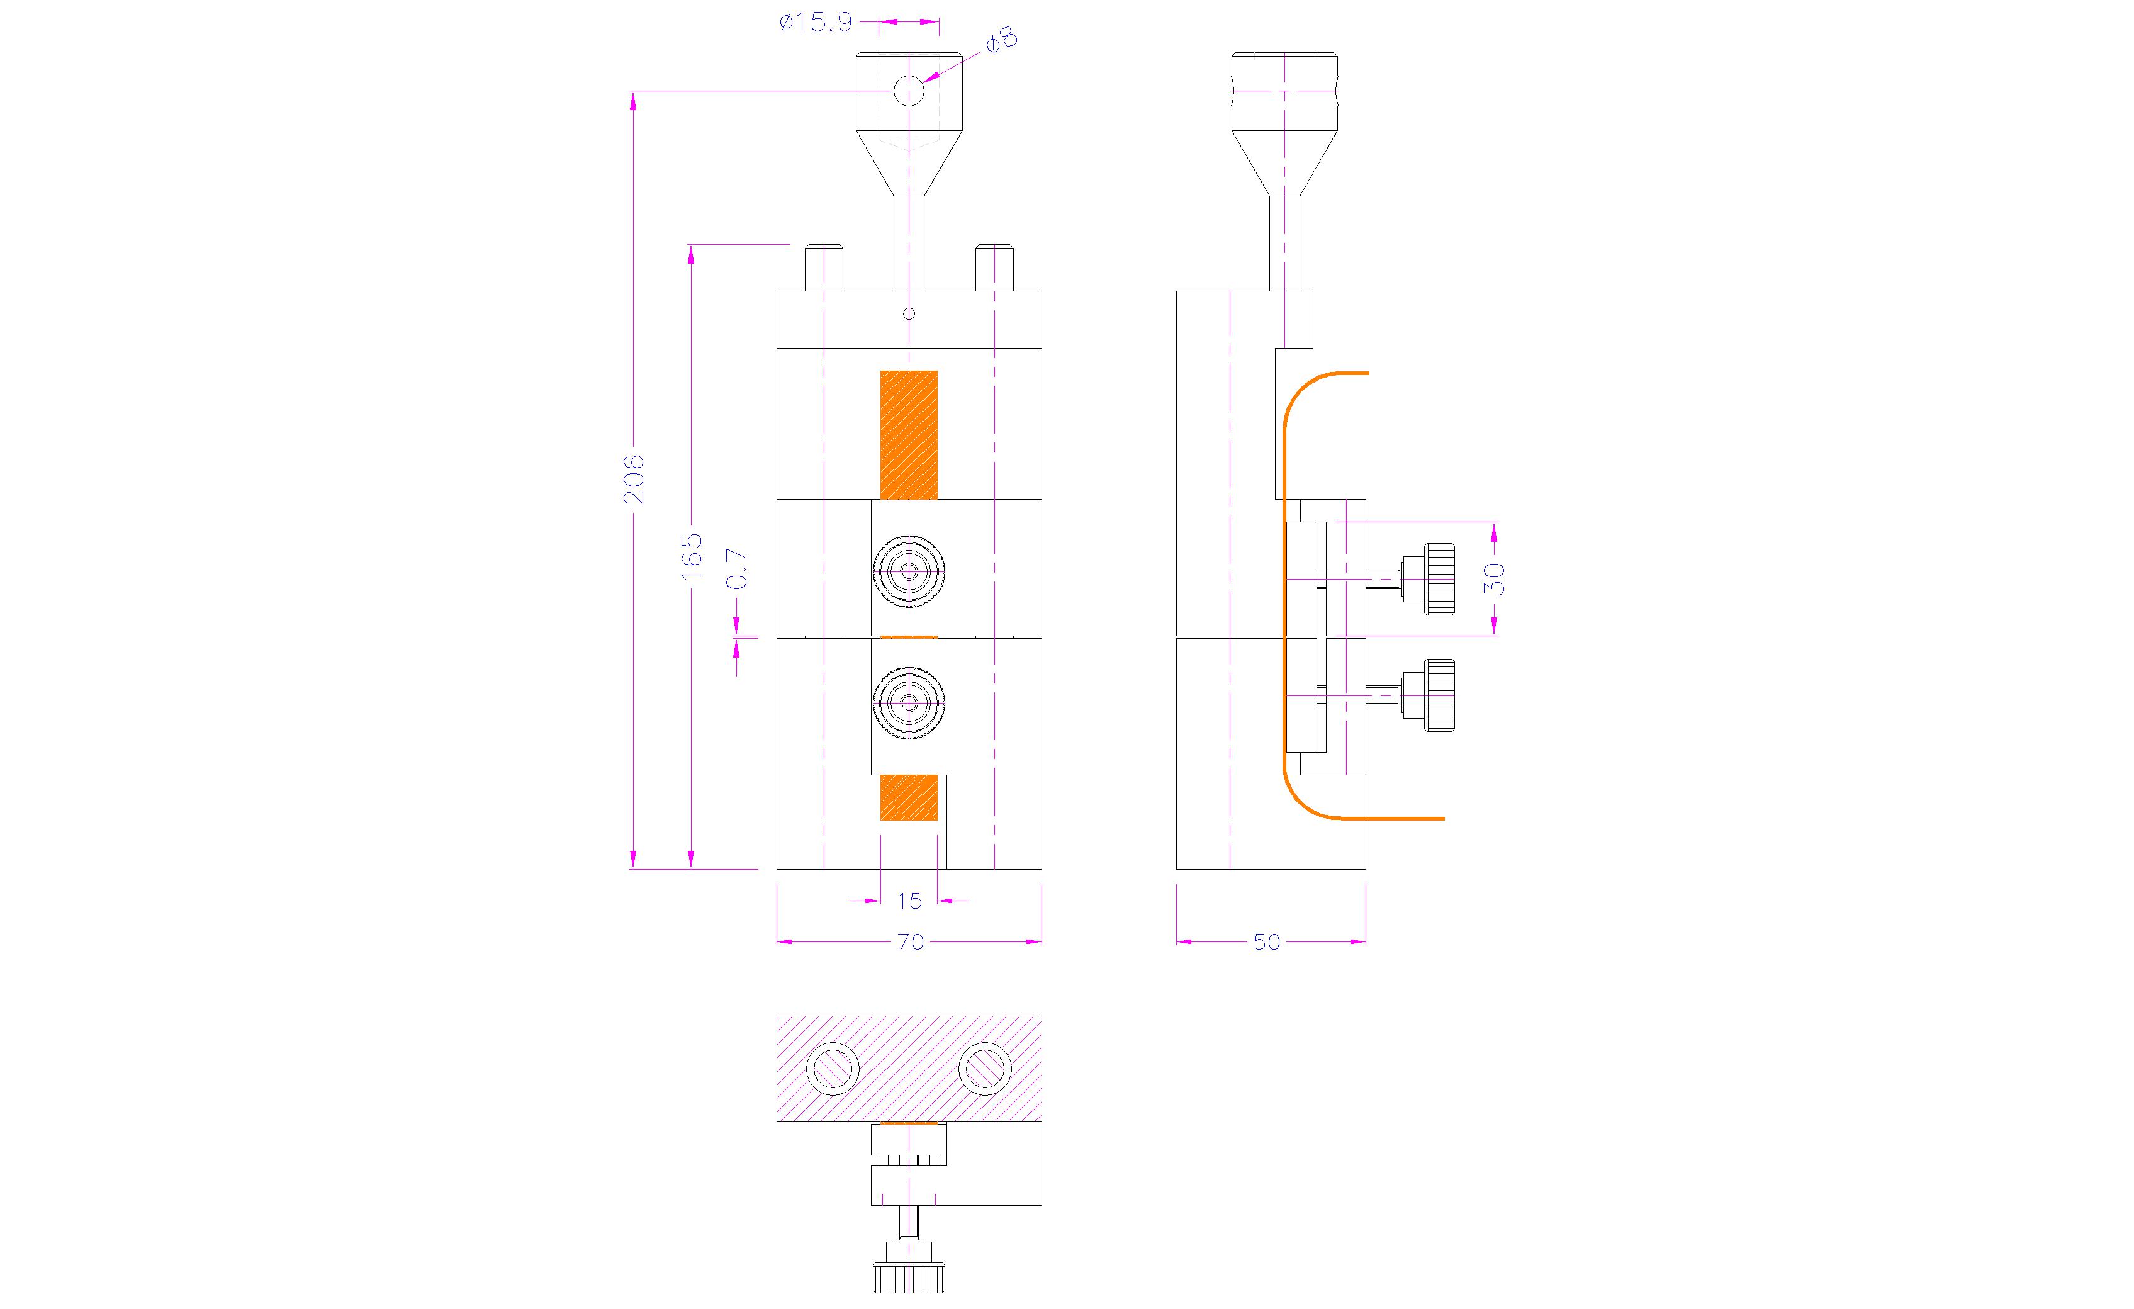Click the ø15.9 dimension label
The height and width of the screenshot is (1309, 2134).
(815, 23)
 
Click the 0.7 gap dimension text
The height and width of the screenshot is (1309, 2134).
(736, 569)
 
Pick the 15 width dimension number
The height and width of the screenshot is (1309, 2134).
(909, 901)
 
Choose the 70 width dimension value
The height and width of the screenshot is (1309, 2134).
(910, 941)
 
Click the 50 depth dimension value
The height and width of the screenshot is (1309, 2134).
(1266, 941)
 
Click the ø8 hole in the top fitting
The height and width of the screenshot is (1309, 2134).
(909, 90)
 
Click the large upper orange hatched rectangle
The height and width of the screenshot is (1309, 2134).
(909, 435)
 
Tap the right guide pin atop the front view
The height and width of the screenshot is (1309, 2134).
(994, 269)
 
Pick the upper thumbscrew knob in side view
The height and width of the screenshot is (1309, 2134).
(1439, 579)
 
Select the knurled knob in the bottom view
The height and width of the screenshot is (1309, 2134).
(909, 1278)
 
